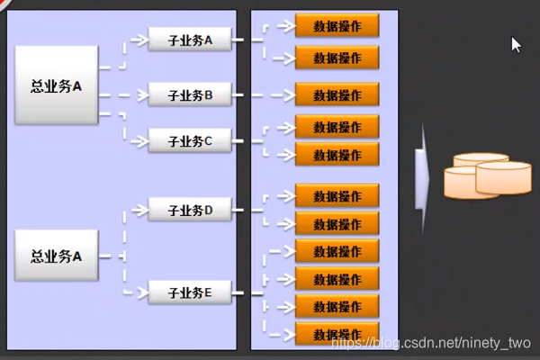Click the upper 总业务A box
click(56, 85)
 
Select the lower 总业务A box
click(56, 256)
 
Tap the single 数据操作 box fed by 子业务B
click(337, 94)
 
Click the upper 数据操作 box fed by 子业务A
click(337, 26)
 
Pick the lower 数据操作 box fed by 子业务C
click(337, 155)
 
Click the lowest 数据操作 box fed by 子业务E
click(337, 335)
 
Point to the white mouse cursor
click(516, 44)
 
